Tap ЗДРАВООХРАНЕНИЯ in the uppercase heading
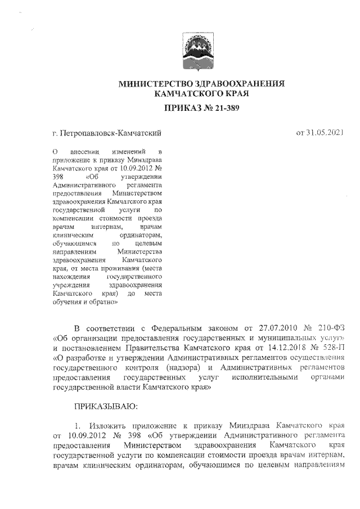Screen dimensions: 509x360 (x=235, y=84)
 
